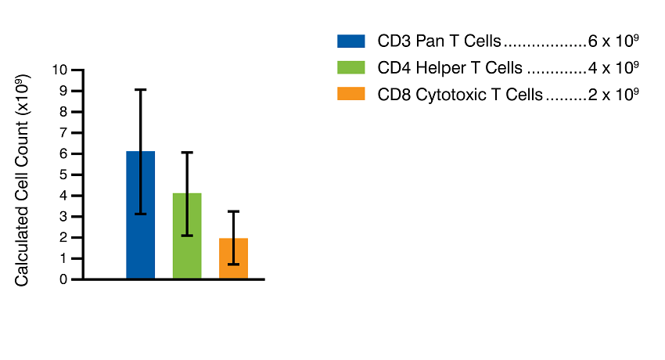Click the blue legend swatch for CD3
pyautogui.click(x=351, y=41)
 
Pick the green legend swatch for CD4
pyautogui.click(x=351, y=67)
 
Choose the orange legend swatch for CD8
pyautogui.click(x=351, y=94)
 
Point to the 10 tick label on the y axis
pyautogui.click(x=60, y=70)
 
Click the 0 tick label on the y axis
pyautogui.click(x=63, y=279)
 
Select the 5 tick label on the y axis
pyautogui.click(x=63, y=175)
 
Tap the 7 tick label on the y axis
pyautogui.click(x=63, y=132)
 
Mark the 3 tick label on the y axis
pyautogui.click(x=63, y=217)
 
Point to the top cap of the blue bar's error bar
pyautogui.click(x=141, y=90)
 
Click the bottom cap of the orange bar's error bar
pyautogui.click(x=233, y=265)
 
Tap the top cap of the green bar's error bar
pyautogui.click(x=187, y=153)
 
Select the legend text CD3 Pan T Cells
pyautogui.click(x=439, y=41)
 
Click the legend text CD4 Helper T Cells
pyautogui.click(x=450, y=68)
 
